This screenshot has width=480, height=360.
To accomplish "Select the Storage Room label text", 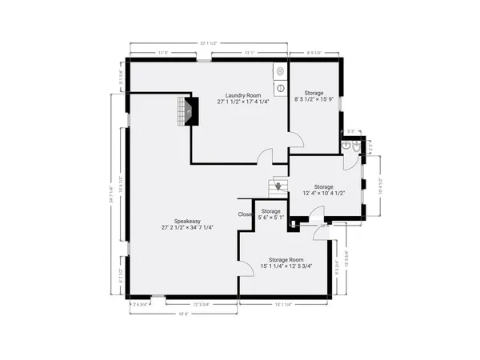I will [286, 259].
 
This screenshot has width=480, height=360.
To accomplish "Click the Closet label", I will [246, 214].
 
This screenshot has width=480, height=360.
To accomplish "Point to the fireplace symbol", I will [188, 111].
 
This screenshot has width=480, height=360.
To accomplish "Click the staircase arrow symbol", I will [278, 186].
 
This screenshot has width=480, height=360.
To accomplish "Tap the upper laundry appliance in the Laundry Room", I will [279, 70].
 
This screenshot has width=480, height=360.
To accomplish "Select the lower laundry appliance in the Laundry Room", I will [279, 87].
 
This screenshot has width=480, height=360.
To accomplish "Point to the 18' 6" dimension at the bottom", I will [182, 314].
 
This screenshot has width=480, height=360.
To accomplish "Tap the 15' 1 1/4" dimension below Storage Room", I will [284, 304].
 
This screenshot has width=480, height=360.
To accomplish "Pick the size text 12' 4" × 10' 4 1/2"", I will [323, 194].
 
